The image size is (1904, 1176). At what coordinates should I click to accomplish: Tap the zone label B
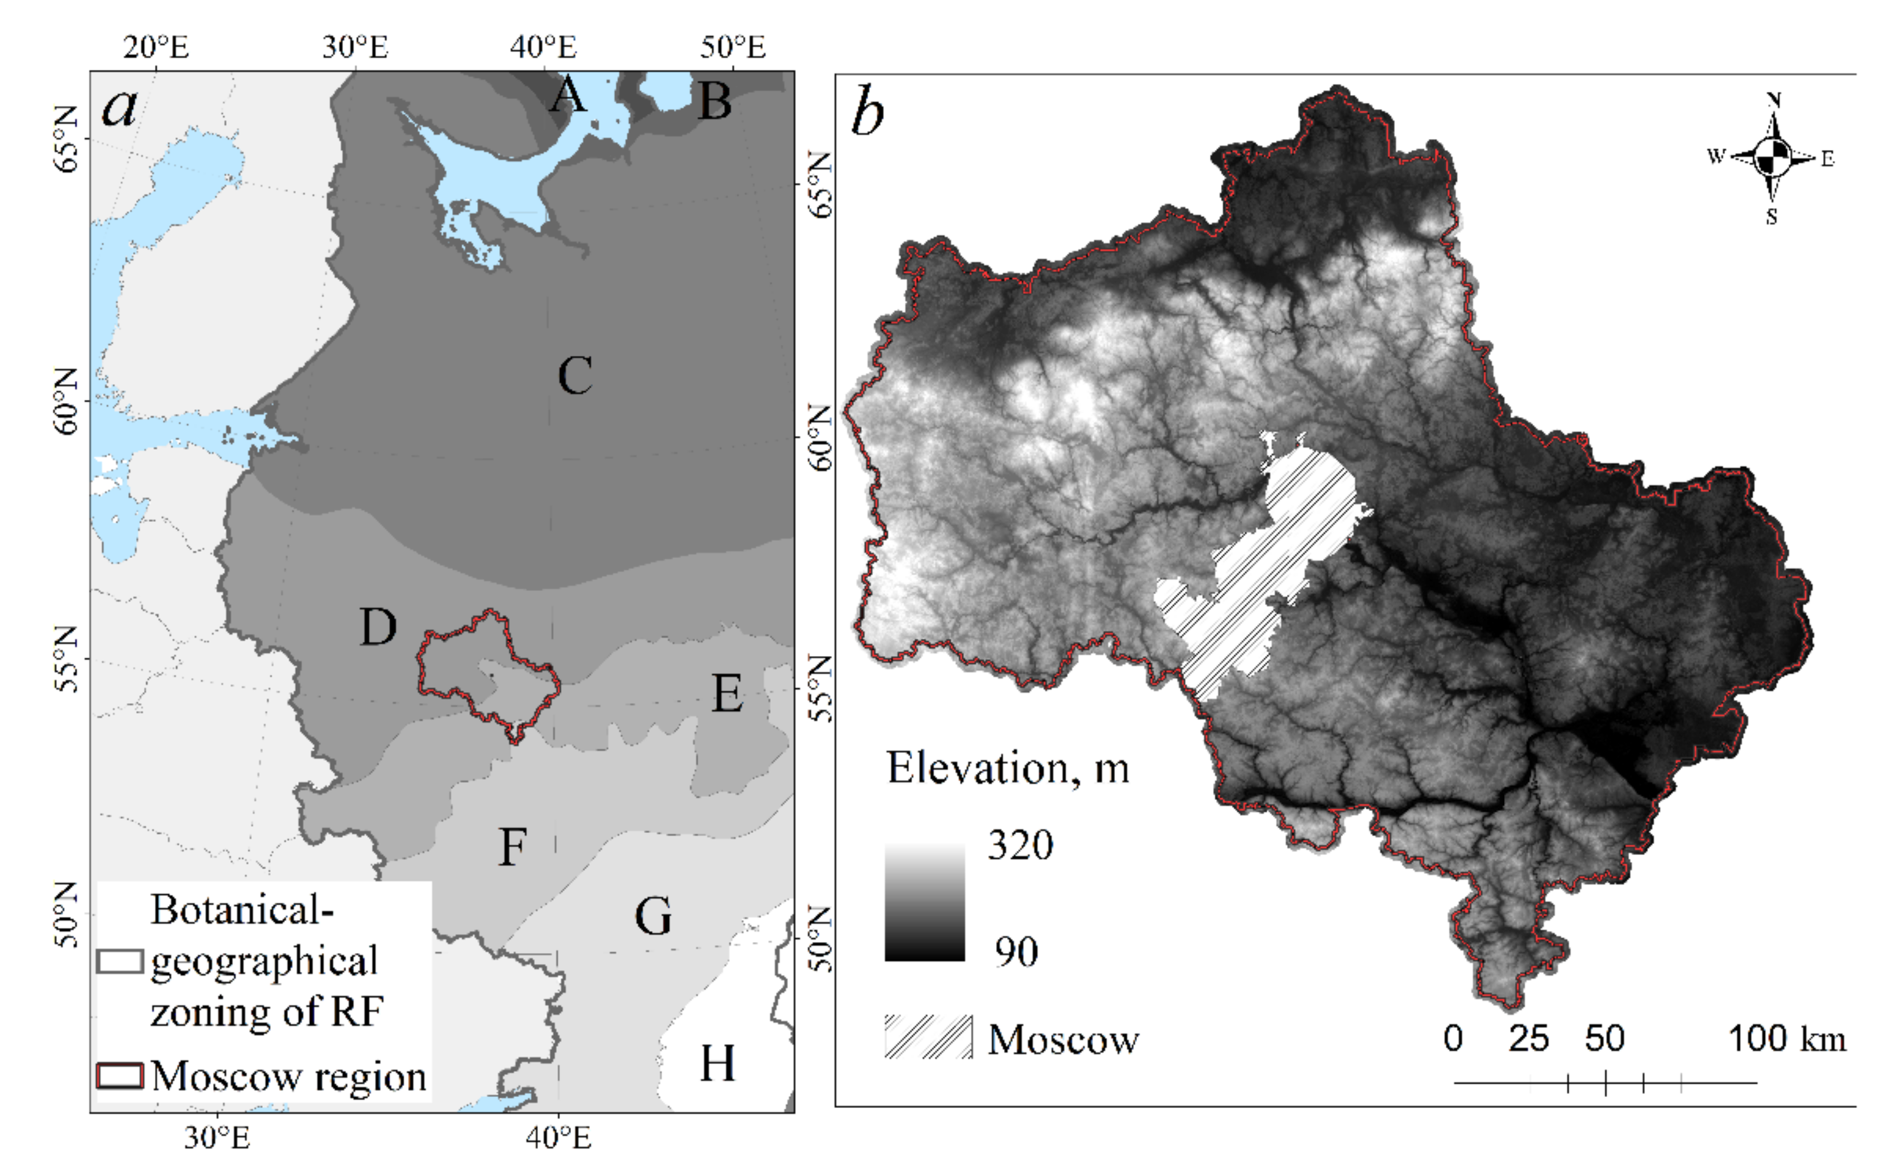point(715,101)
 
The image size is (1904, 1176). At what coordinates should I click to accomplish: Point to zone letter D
point(378,627)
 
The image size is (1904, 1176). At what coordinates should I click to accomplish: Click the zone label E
point(727,694)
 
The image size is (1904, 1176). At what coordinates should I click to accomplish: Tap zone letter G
point(653,916)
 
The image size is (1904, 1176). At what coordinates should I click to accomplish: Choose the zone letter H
point(717,1063)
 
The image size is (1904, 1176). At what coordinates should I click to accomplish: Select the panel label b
point(868,115)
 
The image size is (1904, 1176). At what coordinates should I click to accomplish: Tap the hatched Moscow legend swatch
point(928,1037)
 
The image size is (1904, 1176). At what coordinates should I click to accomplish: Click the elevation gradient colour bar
point(925,903)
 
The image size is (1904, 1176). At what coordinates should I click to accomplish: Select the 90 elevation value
point(1016,951)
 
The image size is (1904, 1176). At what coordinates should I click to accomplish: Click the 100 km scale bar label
point(1786,1039)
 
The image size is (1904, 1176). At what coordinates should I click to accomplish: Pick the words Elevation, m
point(1008,769)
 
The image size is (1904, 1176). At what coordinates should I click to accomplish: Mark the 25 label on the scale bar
point(1529,1039)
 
